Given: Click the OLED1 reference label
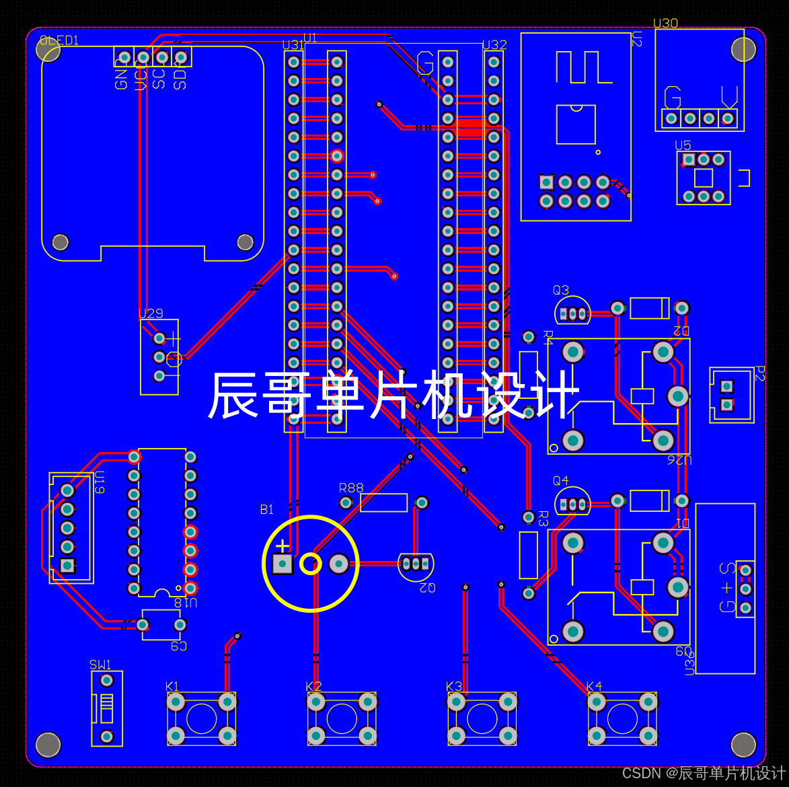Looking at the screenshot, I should [59, 40].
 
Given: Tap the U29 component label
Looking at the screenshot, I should [151, 313].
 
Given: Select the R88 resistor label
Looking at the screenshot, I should [351, 488].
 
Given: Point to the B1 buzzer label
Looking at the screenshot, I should [267, 509].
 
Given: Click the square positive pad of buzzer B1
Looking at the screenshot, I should [283, 564].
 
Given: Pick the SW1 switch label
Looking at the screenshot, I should [100, 665].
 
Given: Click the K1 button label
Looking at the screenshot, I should [172, 686].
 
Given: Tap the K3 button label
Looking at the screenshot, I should [454, 686].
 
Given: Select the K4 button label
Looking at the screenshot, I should [594, 686].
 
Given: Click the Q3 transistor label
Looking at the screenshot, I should [561, 290].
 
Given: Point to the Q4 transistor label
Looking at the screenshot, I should [561, 480].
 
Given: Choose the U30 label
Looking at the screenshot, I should [666, 24].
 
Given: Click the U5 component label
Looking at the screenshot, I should [683, 145].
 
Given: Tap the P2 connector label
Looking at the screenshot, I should [760, 373].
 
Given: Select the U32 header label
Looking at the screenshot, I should [495, 45].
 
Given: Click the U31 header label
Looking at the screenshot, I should [293, 45].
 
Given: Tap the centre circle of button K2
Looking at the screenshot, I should [342, 718].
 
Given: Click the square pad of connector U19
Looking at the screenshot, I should [67, 565].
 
